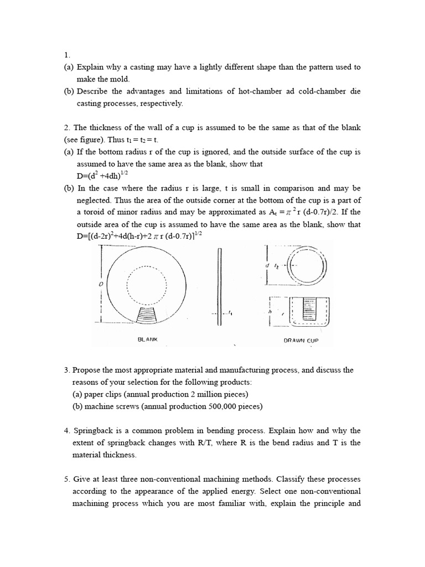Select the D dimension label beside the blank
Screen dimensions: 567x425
tap(101, 283)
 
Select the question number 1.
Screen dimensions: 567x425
tap(66, 55)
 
